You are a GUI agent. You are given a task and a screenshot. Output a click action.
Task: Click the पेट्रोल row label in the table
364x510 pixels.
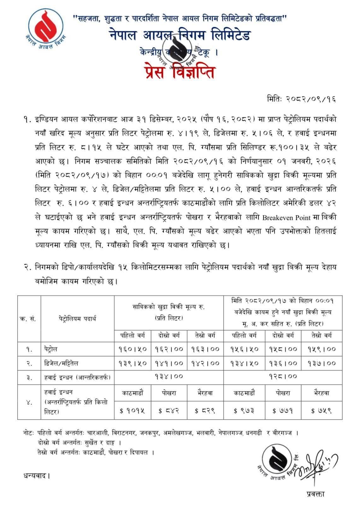click(51, 349)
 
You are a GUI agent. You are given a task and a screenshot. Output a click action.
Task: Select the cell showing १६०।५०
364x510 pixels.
click(132, 349)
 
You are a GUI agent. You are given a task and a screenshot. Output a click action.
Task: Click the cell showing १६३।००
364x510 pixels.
click(205, 349)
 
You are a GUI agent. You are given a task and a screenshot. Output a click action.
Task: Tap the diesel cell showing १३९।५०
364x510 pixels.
click(132, 363)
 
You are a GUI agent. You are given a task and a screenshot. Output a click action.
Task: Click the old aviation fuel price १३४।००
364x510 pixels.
click(169, 377)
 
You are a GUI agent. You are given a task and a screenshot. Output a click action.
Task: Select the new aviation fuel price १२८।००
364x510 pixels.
click(283, 377)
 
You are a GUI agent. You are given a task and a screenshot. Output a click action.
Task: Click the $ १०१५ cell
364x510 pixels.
click(132, 411)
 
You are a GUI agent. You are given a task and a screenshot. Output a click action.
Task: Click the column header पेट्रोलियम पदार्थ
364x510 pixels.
click(77, 318)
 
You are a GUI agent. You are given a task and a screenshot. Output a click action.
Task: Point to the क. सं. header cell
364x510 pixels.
click(29, 318)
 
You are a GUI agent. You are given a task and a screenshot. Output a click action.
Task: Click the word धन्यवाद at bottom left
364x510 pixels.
click(37, 475)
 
